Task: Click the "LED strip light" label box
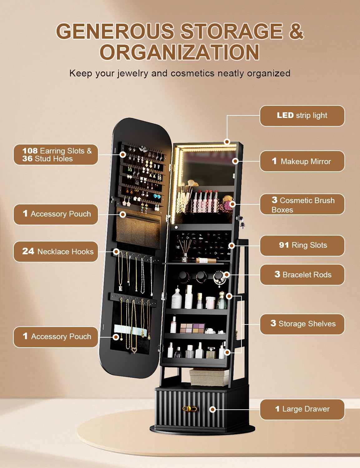click(302, 116)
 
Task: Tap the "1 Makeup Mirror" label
click(302, 161)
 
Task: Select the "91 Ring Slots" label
click(302, 246)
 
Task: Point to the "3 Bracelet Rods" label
click(302, 275)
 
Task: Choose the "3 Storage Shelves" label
click(302, 324)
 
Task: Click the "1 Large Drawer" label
click(302, 409)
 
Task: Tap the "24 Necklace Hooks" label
click(56, 251)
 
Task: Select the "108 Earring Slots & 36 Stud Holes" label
click(56, 155)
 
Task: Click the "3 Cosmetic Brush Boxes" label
click(302, 204)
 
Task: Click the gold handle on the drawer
click(190, 408)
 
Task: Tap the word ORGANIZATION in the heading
click(180, 52)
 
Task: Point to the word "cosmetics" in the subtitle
click(193, 73)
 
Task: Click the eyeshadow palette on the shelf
click(192, 328)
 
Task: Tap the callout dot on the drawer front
click(213, 409)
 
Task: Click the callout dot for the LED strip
click(227, 142)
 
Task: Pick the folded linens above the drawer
click(209, 378)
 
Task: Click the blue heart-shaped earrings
click(157, 197)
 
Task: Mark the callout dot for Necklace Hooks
click(116, 251)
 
